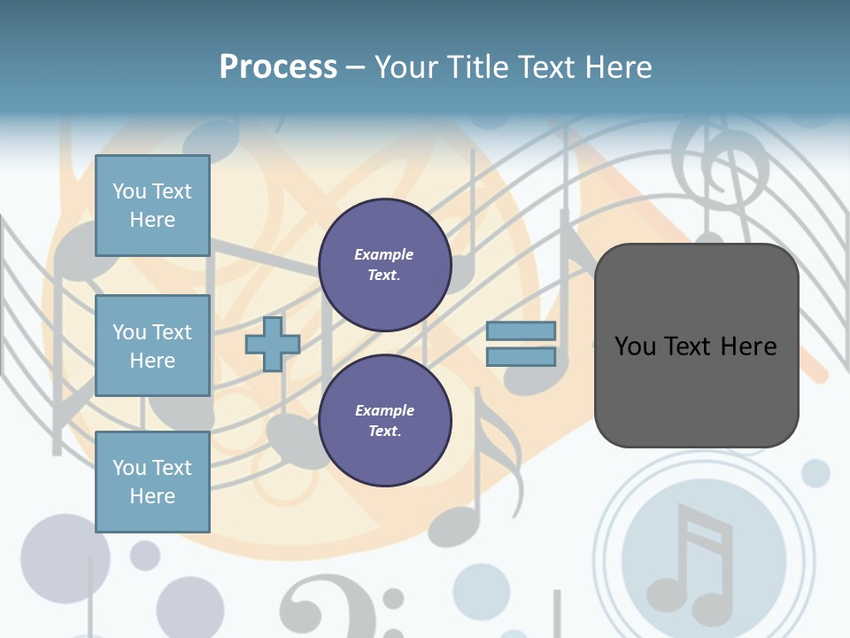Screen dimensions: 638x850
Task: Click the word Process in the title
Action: pos(278,67)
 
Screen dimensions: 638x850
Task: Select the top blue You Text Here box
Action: pos(152,206)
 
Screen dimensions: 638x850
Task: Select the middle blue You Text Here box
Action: pos(152,346)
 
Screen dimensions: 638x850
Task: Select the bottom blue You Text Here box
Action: pos(152,482)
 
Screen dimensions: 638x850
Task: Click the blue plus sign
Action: pos(273,345)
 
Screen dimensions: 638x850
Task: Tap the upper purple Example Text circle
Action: pos(384,265)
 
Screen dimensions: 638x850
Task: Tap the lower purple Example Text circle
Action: pos(384,421)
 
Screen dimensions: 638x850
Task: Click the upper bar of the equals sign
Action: pos(521,331)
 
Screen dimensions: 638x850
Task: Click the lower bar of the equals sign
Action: pos(521,357)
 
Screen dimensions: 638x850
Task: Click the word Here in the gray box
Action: pos(748,346)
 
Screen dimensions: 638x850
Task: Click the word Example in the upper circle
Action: pos(384,254)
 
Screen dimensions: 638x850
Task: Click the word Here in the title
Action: pos(619,67)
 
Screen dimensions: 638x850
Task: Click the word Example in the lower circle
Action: pos(384,410)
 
